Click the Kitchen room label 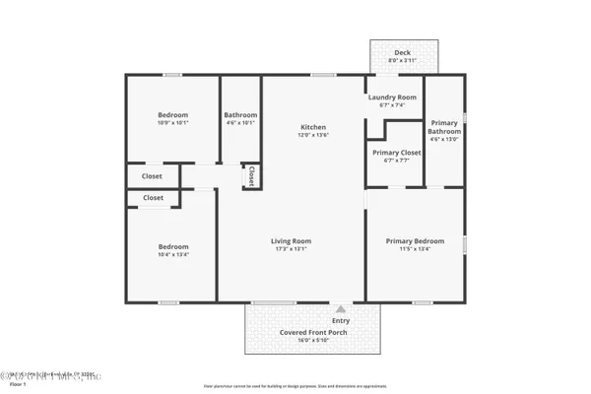[313, 127]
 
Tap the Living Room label [292, 240]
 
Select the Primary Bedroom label [414, 240]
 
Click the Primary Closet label [397, 153]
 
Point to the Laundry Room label [392, 98]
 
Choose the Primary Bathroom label [444, 127]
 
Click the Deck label [402, 53]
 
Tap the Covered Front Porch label [313, 332]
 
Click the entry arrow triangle [341, 308]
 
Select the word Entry [341, 320]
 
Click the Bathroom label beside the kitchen [240, 114]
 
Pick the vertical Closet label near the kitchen [251, 175]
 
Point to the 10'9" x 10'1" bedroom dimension [172, 123]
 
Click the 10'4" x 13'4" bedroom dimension [172, 255]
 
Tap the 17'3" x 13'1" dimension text [292, 249]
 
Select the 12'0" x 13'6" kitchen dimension [313, 136]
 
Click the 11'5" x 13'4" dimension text [414, 249]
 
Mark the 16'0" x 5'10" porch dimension [313, 341]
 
